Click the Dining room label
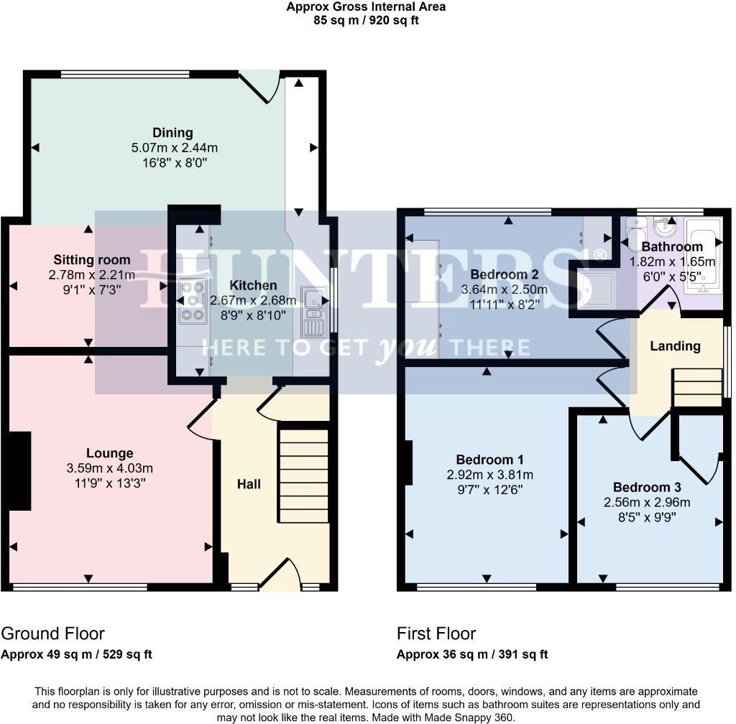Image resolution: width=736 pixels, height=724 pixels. pos(172,133)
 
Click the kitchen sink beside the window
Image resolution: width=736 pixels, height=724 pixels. pos(313,310)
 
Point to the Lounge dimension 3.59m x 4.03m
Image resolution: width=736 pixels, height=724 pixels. pos(109,468)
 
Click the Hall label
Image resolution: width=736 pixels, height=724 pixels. pos(249,484)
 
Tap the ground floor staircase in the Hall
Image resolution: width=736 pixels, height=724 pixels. pos(303,474)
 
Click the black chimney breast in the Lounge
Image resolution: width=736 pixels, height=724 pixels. pos(19,471)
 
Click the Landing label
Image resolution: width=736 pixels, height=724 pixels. pos(675,346)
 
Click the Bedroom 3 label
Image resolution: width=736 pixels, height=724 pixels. pos(646,486)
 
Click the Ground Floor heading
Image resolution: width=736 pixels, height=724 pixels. pos(52,633)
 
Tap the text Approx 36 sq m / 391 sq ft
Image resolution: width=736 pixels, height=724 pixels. pos(471,654)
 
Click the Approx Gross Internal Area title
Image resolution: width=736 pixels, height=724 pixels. pos(366,7)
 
